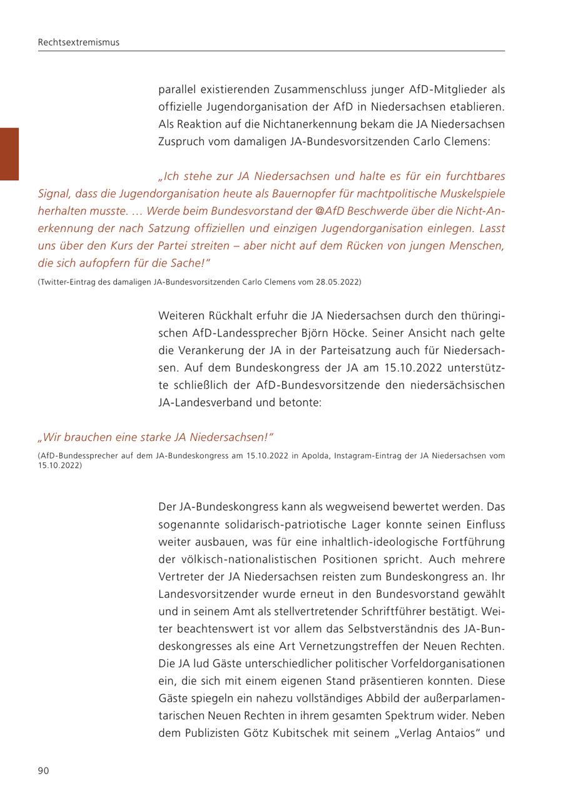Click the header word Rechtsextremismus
point(78,43)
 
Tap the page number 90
point(43,770)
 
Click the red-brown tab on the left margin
point(9,154)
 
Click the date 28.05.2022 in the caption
point(338,282)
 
